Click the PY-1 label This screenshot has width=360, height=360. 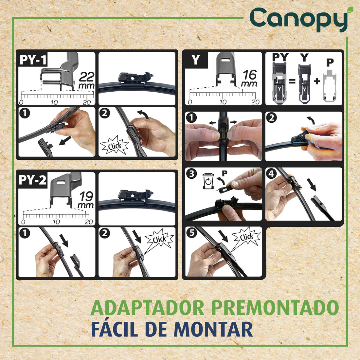click(x=33, y=60)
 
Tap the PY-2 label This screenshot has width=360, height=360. click(x=33, y=180)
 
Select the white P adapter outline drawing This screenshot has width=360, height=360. click(x=330, y=86)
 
